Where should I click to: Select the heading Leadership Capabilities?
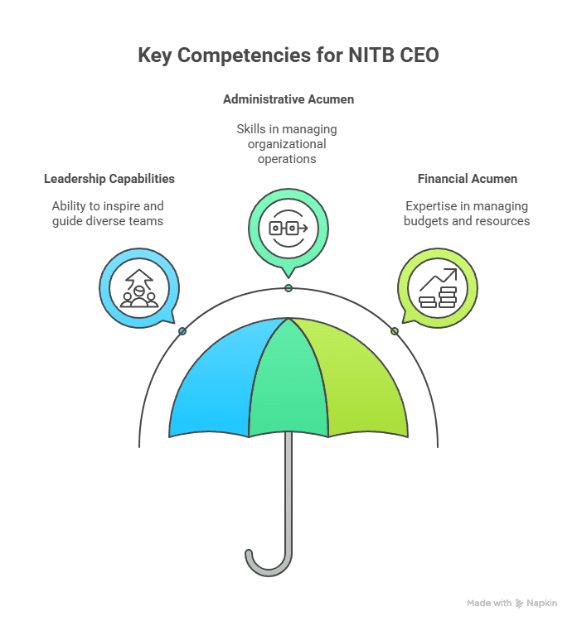109,179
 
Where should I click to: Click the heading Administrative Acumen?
288,99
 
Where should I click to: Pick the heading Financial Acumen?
467,179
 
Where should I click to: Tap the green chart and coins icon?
437,288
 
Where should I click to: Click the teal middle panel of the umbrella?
288,381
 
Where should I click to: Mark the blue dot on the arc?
182,331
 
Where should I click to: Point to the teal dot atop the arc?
288,288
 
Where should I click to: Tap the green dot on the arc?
395,331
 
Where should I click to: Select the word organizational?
287,144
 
